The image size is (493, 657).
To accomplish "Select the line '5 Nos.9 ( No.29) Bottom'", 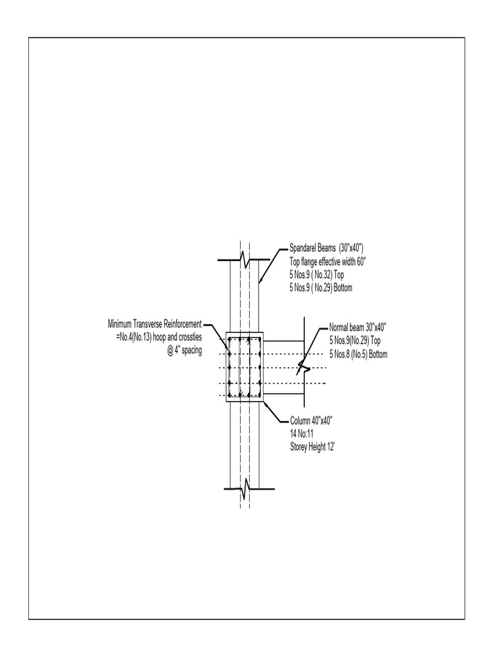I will (321, 288).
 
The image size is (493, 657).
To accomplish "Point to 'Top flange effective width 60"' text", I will (327, 261).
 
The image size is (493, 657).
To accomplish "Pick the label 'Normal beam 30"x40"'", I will (358, 326).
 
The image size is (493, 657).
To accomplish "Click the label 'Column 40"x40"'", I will (311, 420).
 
